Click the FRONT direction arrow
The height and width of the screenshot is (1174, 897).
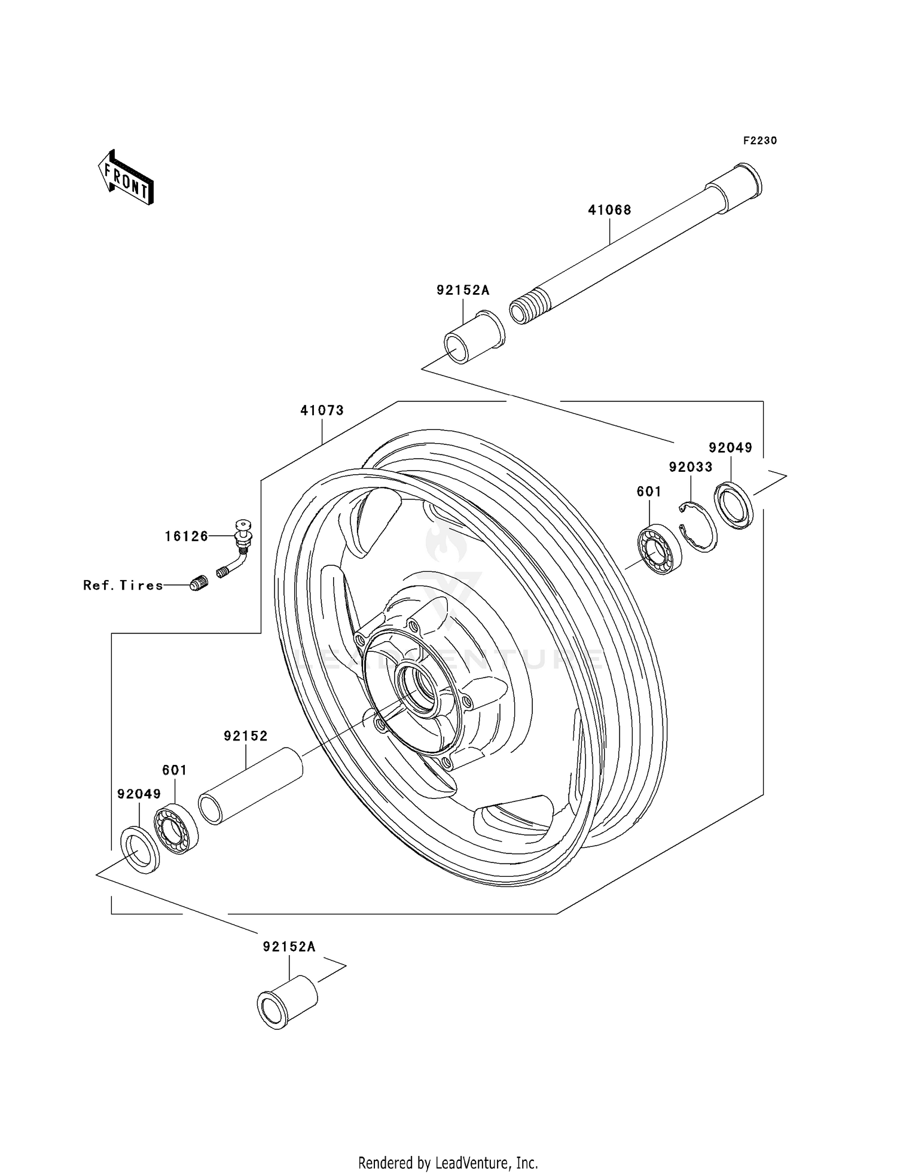126,178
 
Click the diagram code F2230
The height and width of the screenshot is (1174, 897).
759,141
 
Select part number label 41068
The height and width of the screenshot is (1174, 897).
609,210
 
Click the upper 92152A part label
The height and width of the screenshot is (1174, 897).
462,290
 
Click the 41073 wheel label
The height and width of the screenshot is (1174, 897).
322,410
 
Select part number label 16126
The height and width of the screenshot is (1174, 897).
187,536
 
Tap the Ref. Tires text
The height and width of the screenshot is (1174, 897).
123,586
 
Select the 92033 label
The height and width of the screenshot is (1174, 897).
690,467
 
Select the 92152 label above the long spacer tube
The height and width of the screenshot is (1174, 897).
246,736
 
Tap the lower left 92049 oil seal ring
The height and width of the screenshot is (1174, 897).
141,849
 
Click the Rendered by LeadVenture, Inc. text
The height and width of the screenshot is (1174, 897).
448,1163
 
